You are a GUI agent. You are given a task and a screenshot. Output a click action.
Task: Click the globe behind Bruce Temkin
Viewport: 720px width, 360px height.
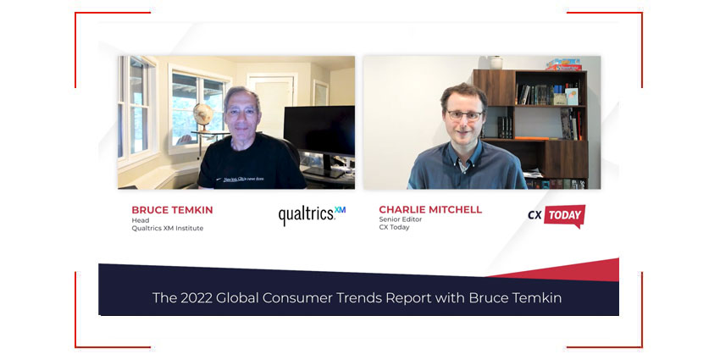tap(202, 114)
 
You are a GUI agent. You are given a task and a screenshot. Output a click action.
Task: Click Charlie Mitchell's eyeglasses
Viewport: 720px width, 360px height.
tap(464, 114)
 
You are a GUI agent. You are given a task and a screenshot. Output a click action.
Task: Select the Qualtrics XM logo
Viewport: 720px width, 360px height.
tap(312, 215)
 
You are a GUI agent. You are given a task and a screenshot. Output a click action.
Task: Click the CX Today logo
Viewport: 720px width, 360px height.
tap(556, 215)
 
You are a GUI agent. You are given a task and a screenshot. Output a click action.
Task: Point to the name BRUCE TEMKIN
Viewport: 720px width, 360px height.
tap(173, 209)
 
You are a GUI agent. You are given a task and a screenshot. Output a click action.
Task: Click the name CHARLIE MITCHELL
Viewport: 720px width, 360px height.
tap(431, 209)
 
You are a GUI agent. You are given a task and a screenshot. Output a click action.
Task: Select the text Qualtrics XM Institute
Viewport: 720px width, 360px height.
tap(167, 228)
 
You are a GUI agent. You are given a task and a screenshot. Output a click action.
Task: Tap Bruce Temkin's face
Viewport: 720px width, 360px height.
tap(241, 110)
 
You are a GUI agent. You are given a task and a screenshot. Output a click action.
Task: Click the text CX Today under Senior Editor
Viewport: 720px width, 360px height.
tap(394, 228)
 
